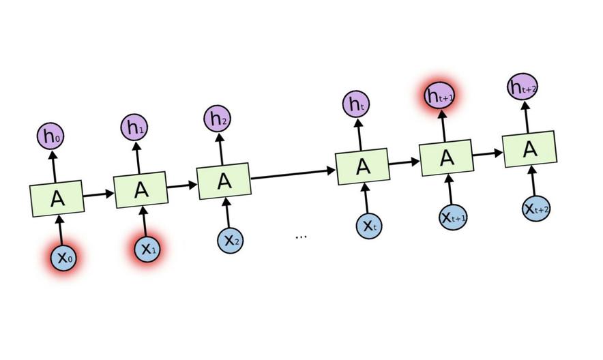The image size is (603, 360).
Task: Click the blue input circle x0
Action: click(63, 257)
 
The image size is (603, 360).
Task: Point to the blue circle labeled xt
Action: click(369, 226)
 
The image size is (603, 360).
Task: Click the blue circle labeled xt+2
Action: click(537, 209)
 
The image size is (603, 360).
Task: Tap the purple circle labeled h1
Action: click(134, 127)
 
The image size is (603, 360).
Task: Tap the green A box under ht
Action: click(363, 166)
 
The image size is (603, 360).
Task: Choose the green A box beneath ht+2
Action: click(530, 149)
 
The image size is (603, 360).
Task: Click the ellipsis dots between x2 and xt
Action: click(301, 236)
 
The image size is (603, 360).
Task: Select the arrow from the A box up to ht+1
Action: click(443, 125)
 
